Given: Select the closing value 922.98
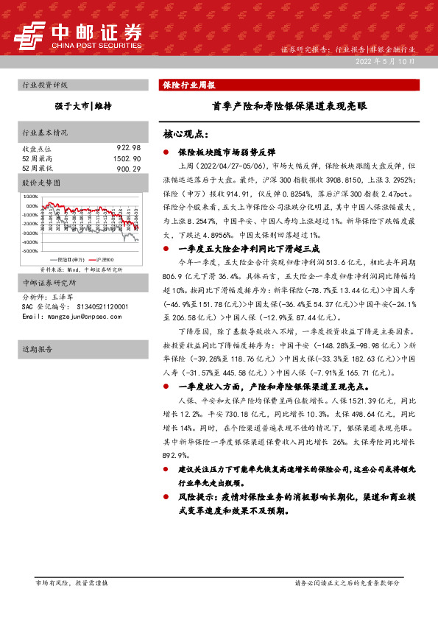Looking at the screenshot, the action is pos(127,148).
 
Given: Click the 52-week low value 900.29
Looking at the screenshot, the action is pos(127,169).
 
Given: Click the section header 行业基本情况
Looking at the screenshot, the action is pos(46,133).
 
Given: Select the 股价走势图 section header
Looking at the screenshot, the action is pos(43,181).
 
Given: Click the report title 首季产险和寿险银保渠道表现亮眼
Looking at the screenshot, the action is pos(289,106).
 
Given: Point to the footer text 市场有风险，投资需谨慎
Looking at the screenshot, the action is pos(72,583).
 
